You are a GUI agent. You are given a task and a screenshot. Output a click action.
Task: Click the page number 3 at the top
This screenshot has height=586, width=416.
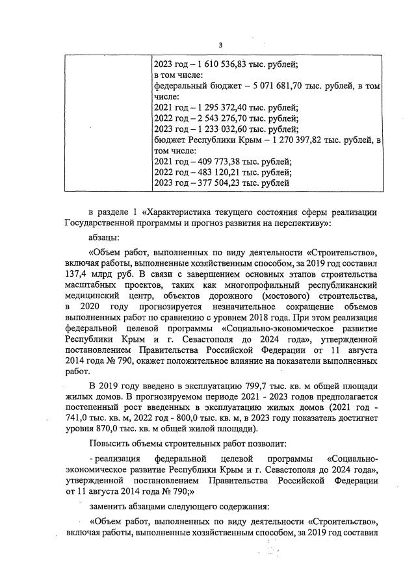220,45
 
